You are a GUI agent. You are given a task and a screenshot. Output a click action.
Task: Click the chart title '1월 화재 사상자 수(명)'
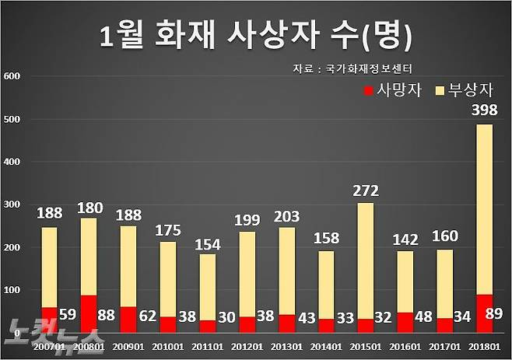click(x=256, y=35)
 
